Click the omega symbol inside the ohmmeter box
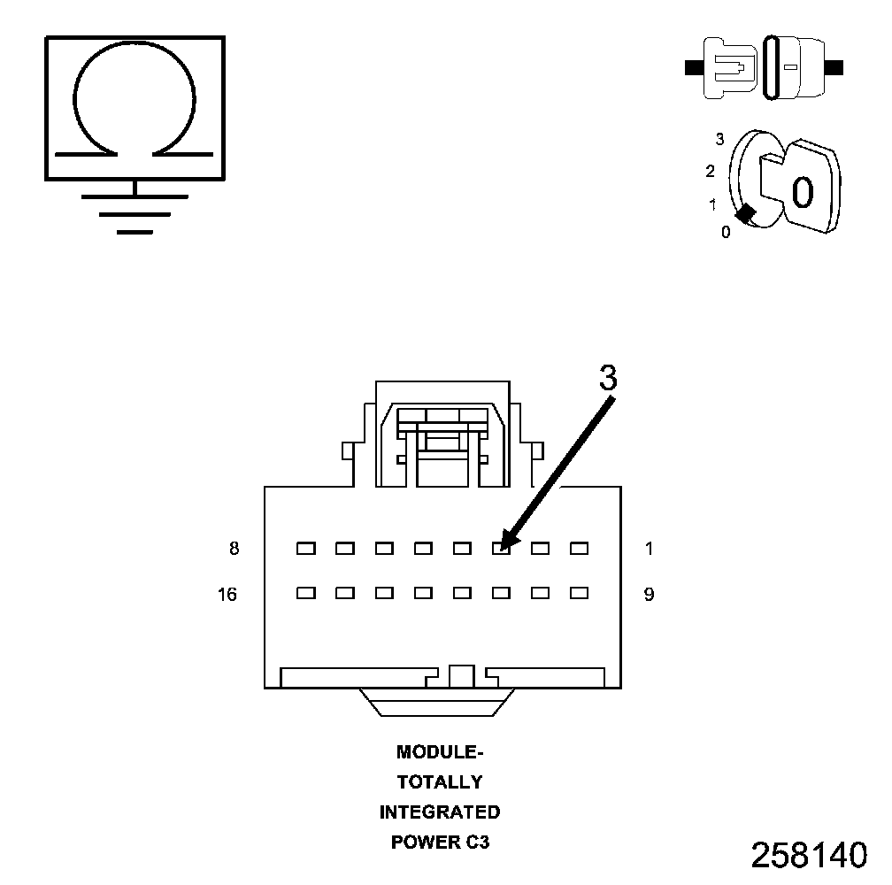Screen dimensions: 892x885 (134, 102)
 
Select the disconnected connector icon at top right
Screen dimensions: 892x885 (765, 67)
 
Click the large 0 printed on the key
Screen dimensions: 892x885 (802, 192)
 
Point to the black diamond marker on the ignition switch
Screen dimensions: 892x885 (746, 213)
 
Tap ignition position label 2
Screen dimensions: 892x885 (711, 171)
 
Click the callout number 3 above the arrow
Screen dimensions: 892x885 (607, 378)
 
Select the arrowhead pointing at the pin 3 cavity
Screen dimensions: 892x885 (507, 542)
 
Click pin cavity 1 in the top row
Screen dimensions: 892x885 (579, 549)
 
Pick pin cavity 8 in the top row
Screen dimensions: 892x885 (306, 549)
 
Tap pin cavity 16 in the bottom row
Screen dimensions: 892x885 (306, 593)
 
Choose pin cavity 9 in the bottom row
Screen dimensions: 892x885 (579, 593)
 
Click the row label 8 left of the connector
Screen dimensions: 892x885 (234, 549)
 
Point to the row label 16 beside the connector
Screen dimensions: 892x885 (227, 594)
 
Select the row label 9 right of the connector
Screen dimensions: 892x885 (649, 594)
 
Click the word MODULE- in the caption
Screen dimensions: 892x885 (440, 752)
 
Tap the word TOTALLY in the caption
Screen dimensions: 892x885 (440, 782)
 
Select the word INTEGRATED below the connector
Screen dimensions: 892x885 (440, 812)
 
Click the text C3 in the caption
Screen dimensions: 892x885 (477, 842)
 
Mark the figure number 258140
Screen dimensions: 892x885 (809, 855)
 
